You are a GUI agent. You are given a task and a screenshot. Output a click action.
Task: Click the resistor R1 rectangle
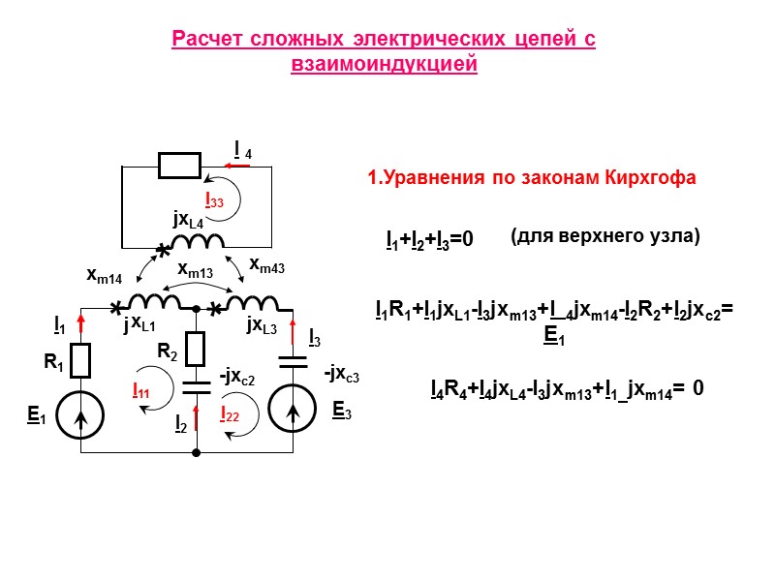click(80, 360)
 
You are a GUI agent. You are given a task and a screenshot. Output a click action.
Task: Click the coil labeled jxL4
click(198, 242)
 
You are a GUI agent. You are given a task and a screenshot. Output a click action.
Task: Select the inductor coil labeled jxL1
click(155, 302)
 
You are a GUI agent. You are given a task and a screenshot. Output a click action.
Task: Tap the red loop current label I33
click(214, 200)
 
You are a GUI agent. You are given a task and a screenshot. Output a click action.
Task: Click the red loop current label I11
click(140, 391)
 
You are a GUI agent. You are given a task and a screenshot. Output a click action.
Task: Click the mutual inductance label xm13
click(195, 272)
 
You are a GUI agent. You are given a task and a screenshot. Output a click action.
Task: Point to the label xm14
click(105, 276)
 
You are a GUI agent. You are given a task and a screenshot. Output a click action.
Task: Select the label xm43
click(266, 263)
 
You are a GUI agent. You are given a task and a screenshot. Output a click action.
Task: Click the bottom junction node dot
click(197, 451)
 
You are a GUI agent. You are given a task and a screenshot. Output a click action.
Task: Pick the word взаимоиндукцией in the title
click(385, 65)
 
